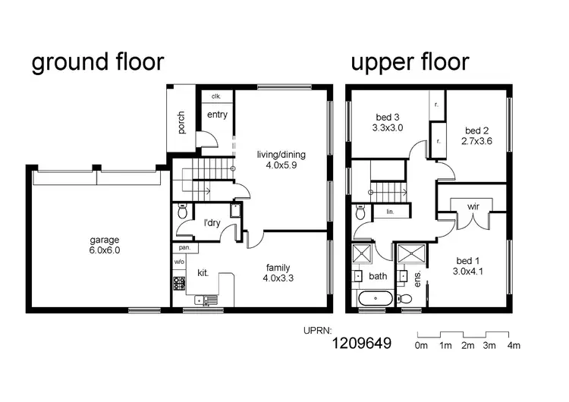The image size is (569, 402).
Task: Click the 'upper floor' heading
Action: (x=410, y=62)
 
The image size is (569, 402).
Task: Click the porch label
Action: (x=181, y=123)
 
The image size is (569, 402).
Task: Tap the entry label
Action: (x=217, y=115)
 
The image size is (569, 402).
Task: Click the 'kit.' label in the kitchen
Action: (x=203, y=272)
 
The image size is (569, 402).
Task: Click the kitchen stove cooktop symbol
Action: (x=180, y=284)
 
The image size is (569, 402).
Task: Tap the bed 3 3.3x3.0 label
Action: (x=388, y=123)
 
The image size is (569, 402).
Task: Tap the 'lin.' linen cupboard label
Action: (x=390, y=213)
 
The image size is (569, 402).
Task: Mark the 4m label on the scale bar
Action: (x=514, y=346)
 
